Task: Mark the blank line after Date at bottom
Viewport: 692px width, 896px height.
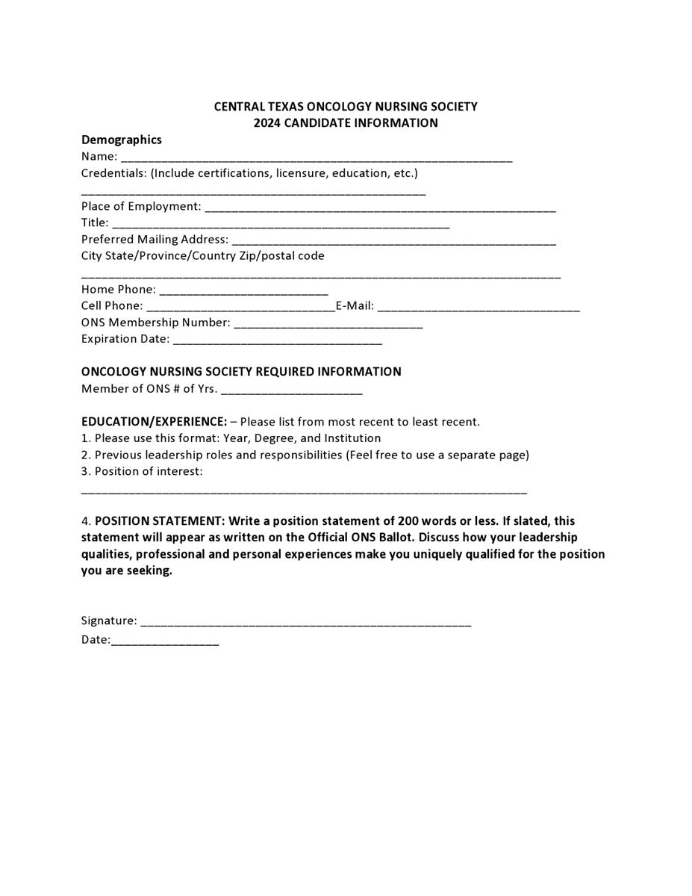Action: (165, 642)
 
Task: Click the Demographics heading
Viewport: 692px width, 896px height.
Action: (122, 140)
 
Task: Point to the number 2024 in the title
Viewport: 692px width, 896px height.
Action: (266, 123)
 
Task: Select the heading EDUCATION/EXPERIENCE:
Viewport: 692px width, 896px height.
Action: (154, 422)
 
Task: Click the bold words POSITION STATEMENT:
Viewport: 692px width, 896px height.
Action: (159, 521)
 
